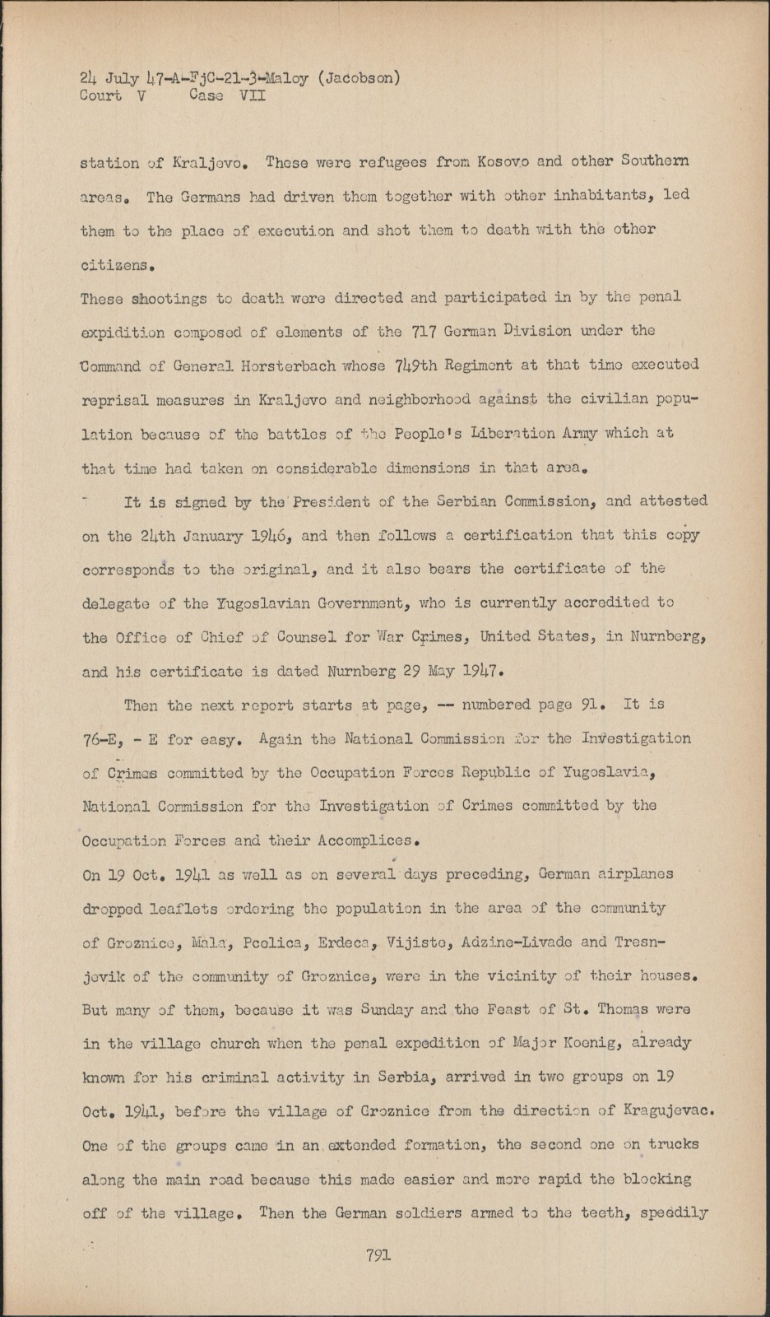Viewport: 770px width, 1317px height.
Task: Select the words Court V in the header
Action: pyautogui.click(x=101, y=95)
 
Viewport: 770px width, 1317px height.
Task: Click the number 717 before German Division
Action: pyautogui.click(x=417, y=331)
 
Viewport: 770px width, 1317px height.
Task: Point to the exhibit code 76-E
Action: pyautogui.click(x=101, y=740)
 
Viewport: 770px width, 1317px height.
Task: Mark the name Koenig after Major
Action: pyautogui.click(x=565, y=1043)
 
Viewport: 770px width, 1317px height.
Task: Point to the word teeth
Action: pyautogui.click(x=599, y=1212)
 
